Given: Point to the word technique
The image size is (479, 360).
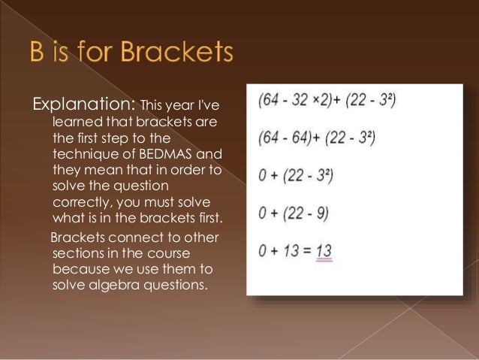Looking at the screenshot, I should (86, 154).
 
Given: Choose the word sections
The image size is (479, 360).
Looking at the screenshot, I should (78, 252).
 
